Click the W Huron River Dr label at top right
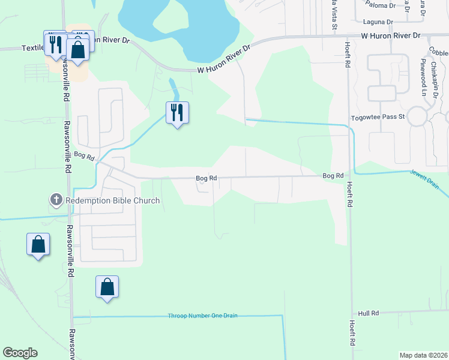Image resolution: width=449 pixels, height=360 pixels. point(391,36)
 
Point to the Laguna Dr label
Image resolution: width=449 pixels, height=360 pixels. point(381,22)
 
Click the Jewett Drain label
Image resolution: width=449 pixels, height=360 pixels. point(424,178)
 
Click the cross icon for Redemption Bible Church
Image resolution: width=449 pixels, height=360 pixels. point(55,200)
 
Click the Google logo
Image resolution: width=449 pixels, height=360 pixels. point(20,353)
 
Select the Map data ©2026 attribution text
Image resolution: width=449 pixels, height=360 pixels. point(423,355)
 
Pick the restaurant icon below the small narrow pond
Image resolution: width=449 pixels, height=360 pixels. point(177,112)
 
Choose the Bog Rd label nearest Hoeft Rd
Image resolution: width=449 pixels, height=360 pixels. point(333,176)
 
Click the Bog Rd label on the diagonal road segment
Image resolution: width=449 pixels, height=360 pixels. point(85,156)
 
